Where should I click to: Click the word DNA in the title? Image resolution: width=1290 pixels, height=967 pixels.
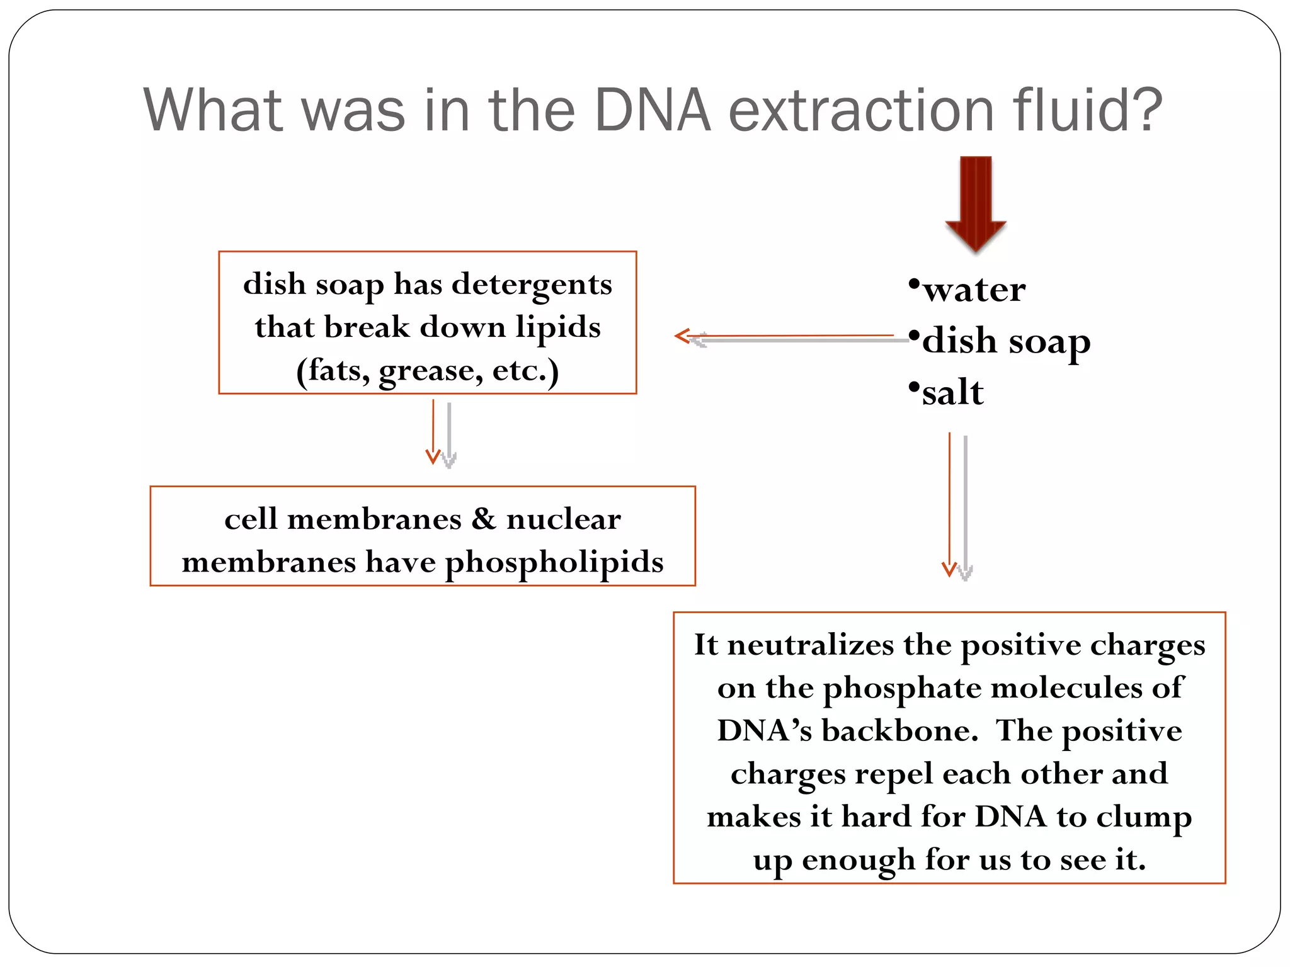652,111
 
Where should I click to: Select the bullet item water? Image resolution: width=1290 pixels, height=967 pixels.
974,290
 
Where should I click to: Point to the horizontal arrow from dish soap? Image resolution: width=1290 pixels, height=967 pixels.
787,337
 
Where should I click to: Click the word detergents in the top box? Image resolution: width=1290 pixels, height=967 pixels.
532,285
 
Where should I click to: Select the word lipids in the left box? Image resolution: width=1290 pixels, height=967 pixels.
558,327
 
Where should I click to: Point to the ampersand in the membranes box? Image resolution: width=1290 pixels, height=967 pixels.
484,519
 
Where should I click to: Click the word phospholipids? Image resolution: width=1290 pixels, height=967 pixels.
554,563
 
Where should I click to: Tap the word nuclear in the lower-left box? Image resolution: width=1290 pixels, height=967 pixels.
563,519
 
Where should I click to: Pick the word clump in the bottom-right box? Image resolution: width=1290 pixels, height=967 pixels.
1144,818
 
